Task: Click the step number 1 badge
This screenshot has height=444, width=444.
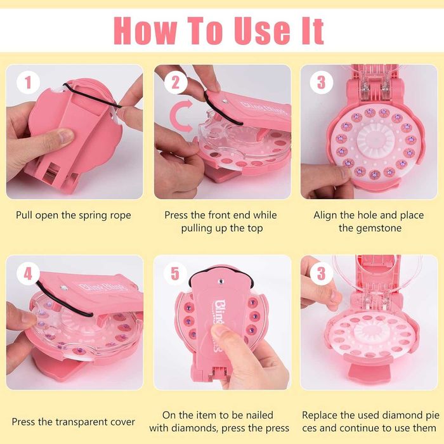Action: click(28, 82)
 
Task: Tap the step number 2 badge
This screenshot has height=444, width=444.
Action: click(176, 82)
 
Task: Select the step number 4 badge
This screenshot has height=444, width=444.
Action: click(28, 274)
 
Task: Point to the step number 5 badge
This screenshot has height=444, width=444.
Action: click(175, 274)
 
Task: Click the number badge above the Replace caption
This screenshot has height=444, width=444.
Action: click(322, 274)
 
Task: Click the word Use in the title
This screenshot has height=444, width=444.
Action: click(263, 30)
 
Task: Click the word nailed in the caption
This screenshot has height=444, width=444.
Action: click(259, 415)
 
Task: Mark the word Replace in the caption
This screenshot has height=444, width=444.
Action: click(320, 415)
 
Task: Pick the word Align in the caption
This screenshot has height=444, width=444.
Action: click(325, 215)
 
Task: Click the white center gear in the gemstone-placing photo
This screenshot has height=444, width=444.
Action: click(375, 139)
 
